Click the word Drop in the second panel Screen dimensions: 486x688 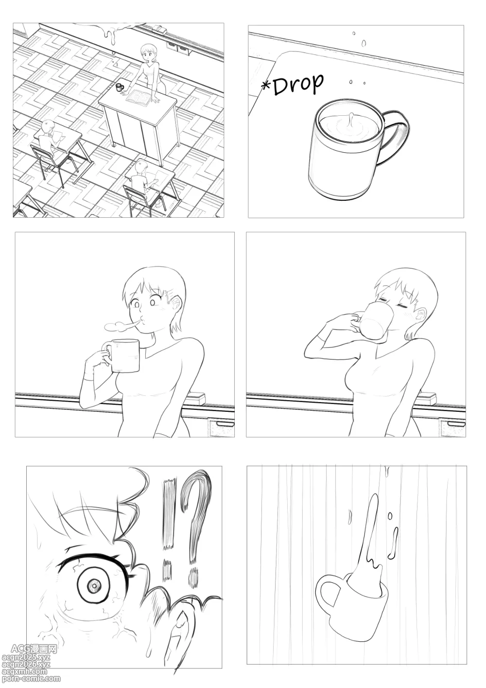[x=298, y=83]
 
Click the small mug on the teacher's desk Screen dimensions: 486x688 [x=119, y=87]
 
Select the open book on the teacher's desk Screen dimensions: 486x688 [x=139, y=97]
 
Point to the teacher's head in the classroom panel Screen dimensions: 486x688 [x=146, y=53]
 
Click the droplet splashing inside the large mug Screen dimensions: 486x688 [x=351, y=120]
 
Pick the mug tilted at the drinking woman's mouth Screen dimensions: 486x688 [x=374, y=321]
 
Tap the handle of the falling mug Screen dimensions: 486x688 [x=329, y=592]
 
